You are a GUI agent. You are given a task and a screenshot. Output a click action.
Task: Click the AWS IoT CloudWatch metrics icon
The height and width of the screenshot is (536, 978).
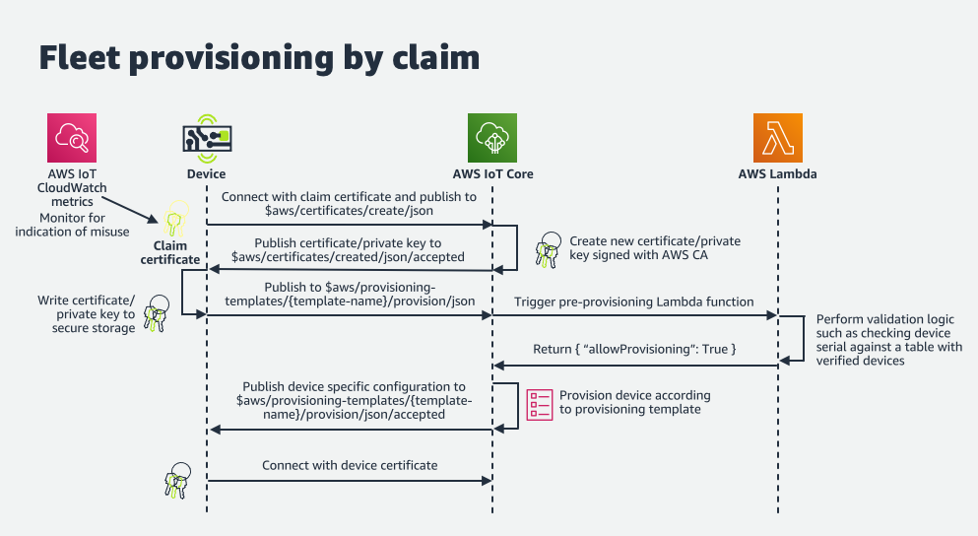point(72,138)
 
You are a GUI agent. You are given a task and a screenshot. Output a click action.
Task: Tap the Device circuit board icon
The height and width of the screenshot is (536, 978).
point(206,138)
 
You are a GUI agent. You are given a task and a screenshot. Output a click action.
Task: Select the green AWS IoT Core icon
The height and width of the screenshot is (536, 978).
point(491,138)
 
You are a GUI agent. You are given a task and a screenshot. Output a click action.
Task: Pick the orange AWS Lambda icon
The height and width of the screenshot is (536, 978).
point(777,138)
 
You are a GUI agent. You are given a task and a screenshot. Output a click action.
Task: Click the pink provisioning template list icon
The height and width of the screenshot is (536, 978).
point(540,404)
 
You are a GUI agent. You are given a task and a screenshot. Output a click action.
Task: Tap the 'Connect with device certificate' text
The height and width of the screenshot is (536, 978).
point(350,465)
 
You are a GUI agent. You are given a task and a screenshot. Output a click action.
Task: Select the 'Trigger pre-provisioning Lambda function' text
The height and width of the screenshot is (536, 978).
point(634,301)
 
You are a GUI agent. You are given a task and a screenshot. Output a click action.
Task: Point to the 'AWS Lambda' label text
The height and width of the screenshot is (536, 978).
point(777,174)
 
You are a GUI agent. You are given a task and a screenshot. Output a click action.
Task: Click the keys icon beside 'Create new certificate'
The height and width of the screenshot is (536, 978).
point(547,251)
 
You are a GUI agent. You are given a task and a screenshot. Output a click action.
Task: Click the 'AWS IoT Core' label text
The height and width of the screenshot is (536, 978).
point(491,174)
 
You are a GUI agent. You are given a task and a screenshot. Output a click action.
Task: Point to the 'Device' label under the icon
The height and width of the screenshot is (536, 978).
point(206,174)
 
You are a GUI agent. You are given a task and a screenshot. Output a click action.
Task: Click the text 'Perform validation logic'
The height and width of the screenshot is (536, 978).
point(884,320)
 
